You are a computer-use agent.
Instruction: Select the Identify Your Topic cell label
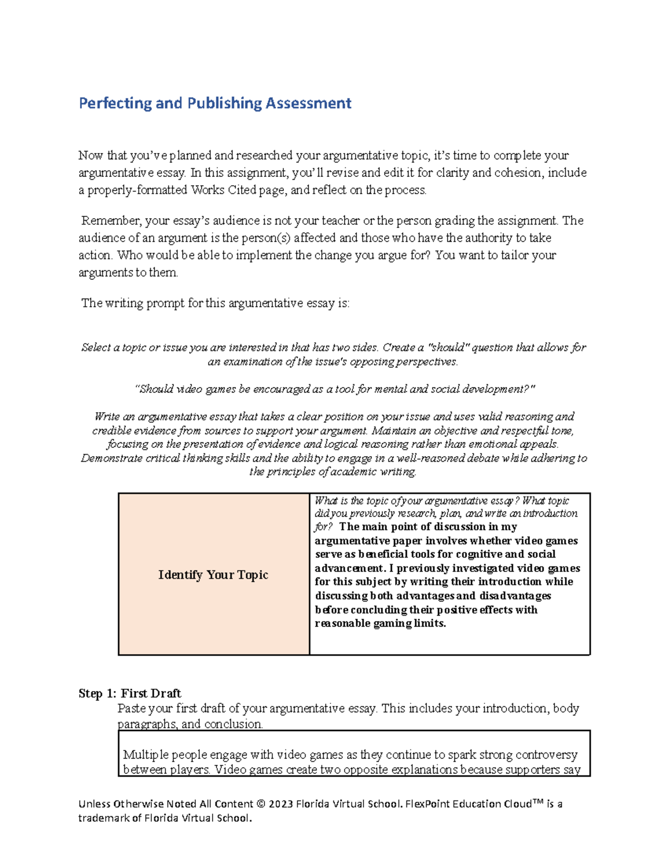coord(213,575)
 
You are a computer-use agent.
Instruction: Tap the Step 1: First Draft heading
coord(130,693)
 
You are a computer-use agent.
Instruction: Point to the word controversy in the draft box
coord(546,755)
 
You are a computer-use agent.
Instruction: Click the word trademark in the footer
coord(104,818)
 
